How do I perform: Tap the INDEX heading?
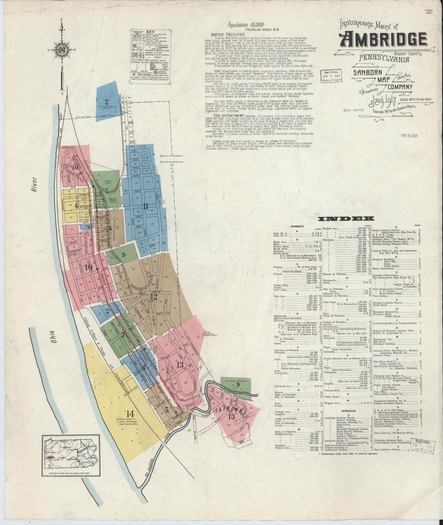coord(346,219)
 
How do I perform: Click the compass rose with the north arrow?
coord(63,49)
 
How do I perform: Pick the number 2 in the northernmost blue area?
coord(107,102)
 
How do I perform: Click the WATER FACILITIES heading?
coord(230,34)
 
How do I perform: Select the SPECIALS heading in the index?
coord(346,411)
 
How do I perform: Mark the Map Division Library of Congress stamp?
coord(331,76)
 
